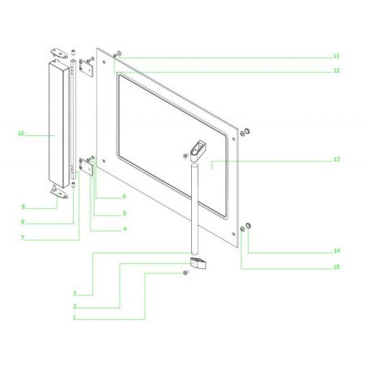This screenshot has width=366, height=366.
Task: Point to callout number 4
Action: pyautogui.click(x=124, y=229)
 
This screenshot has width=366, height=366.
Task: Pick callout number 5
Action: pyautogui.click(x=124, y=213)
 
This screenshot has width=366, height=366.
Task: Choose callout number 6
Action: pyautogui.click(x=124, y=197)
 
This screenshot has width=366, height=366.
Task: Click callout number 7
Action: pyautogui.click(x=23, y=237)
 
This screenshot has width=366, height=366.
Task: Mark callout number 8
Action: pyautogui.click(x=23, y=222)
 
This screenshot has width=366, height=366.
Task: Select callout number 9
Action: pyautogui.click(x=23, y=206)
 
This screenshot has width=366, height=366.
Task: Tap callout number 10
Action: pyautogui.click(x=22, y=133)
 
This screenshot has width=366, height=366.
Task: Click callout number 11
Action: pyautogui.click(x=335, y=56)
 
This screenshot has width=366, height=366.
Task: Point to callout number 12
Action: pyautogui.click(x=335, y=71)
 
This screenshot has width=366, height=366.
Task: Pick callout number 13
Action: pyautogui.click(x=335, y=161)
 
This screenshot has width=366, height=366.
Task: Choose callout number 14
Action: pyautogui.click(x=335, y=249)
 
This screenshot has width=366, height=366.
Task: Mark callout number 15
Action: pyautogui.click(x=335, y=266)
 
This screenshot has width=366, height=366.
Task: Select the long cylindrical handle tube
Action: pyautogui.click(x=194, y=206)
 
